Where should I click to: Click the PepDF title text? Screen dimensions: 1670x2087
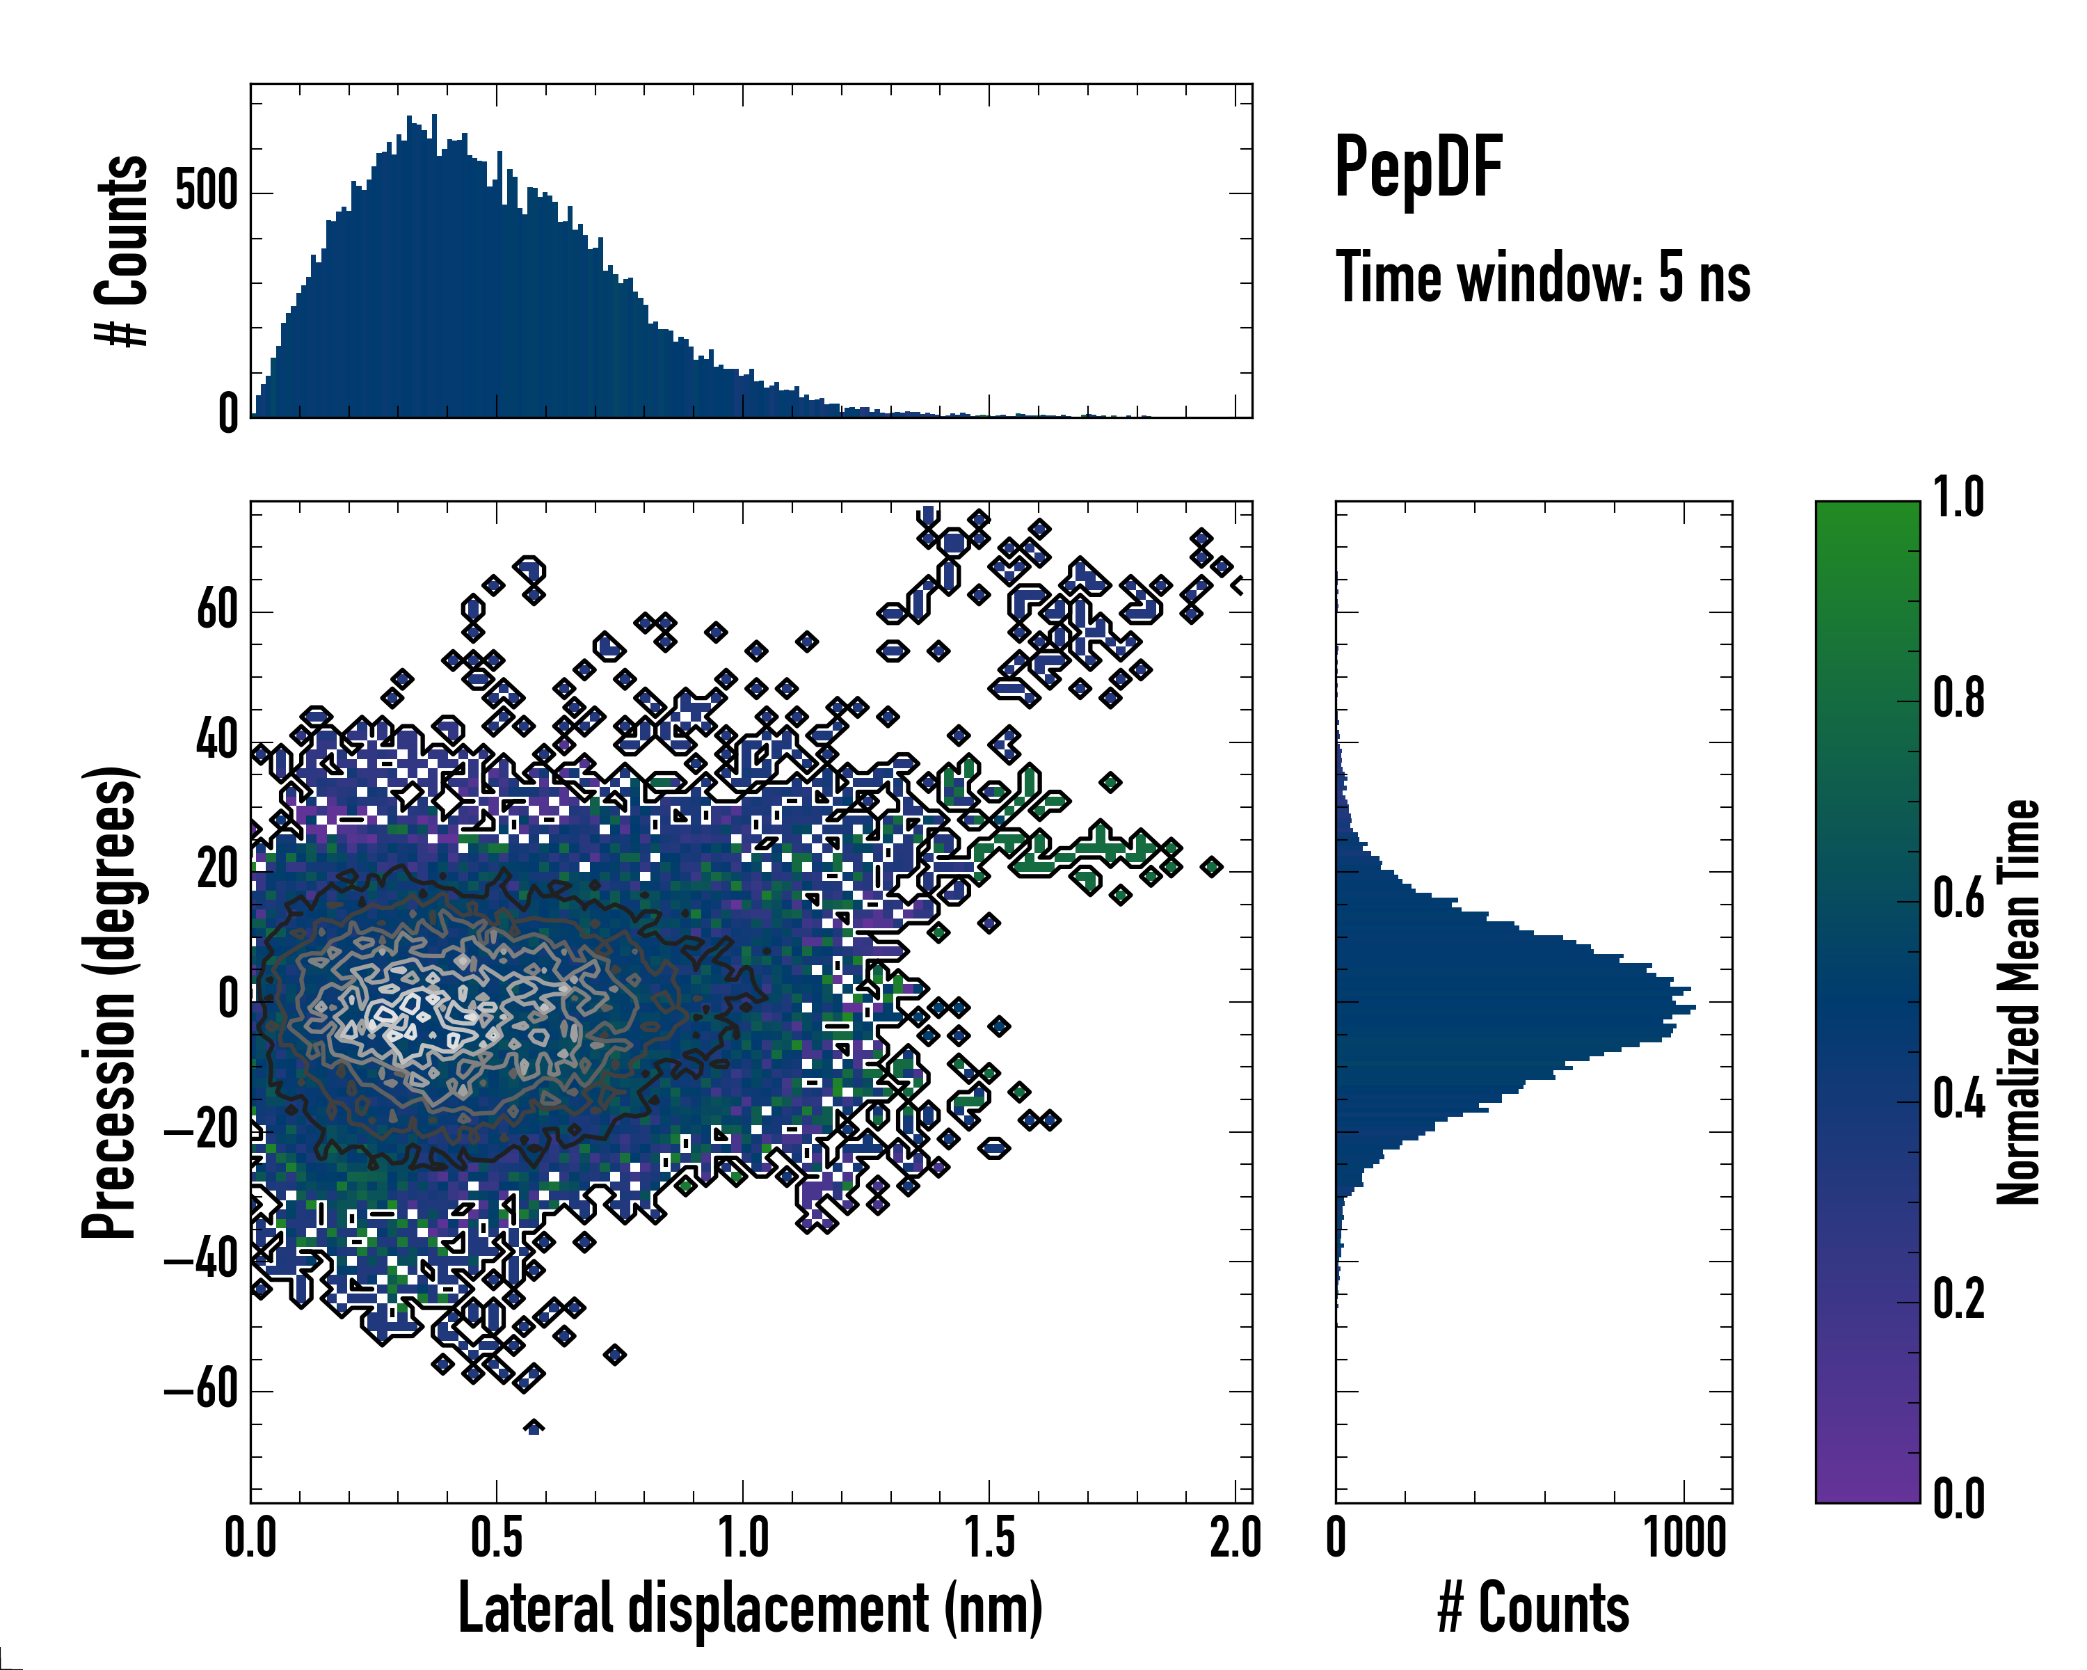(x=1418, y=168)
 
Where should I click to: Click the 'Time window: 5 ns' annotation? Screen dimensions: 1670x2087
(x=1543, y=278)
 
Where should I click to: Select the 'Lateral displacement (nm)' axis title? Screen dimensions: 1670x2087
(x=750, y=1608)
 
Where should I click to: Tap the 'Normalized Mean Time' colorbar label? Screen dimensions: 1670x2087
(x=2018, y=1002)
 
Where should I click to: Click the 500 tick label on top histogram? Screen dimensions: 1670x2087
(x=206, y=191)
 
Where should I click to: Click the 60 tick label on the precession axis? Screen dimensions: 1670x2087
(x=217, y=611)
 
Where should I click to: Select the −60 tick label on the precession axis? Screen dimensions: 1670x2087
(x=201, y=1391)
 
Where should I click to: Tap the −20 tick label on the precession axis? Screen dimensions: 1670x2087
(x=201, y=1131)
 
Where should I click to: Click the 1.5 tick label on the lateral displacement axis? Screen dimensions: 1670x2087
(x=989, y=1537)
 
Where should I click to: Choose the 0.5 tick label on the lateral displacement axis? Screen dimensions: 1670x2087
(x=497, y=1537)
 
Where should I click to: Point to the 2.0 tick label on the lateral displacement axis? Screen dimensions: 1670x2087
(x=1236, y=1537)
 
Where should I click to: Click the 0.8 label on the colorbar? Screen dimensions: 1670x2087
(x=1958, y=699)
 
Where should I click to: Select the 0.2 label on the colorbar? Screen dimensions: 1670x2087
(x=1958, y=1299)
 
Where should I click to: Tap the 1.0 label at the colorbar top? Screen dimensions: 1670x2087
(x=1958, y=499)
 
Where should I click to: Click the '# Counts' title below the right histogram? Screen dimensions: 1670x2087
(x=1533, y=1608)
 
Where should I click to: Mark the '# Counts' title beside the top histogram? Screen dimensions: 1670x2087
(x=122, y=250)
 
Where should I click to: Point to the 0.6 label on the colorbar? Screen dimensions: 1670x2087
(x=1958, y=900)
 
